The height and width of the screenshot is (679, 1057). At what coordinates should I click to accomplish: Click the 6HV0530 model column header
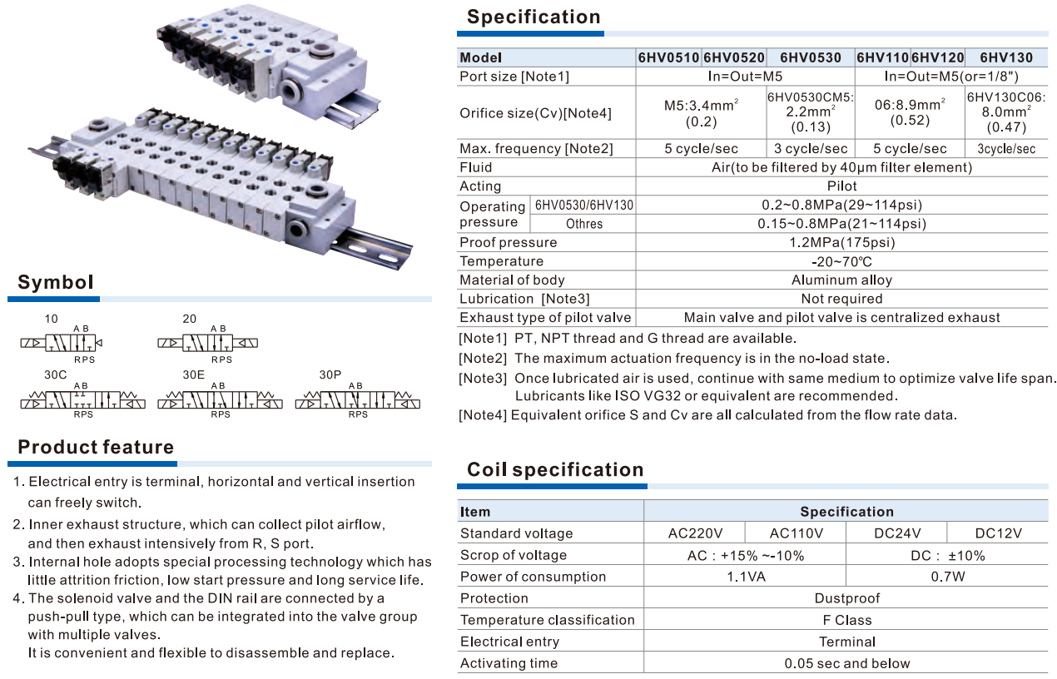[x=810, y=57]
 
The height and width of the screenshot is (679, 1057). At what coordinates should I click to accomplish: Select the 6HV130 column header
[x=1006, y=57]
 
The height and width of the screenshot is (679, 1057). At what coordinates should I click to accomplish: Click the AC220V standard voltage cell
[x=695, y=533]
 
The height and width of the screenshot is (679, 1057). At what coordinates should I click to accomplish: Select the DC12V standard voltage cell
[x=998, y=533]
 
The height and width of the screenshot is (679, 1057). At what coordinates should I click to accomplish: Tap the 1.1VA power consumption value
[x=745, y=577]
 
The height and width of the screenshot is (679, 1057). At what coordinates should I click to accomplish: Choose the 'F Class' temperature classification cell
[x=846, y=620]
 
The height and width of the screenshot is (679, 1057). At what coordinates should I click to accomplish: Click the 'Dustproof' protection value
[x=846, y=598]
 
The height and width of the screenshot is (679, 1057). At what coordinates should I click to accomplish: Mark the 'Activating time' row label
[x=509, y=663]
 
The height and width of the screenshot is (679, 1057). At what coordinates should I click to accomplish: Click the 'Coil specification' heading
[x=555, y=469]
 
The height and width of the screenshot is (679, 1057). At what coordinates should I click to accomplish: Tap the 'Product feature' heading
[x=96, y=447]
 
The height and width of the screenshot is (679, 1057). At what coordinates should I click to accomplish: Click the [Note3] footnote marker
[x=483, y=379]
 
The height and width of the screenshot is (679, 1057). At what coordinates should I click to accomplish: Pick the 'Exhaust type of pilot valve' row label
[x=545, y=317]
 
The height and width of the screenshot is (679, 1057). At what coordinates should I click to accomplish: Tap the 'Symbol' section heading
[x=56, y=282]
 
